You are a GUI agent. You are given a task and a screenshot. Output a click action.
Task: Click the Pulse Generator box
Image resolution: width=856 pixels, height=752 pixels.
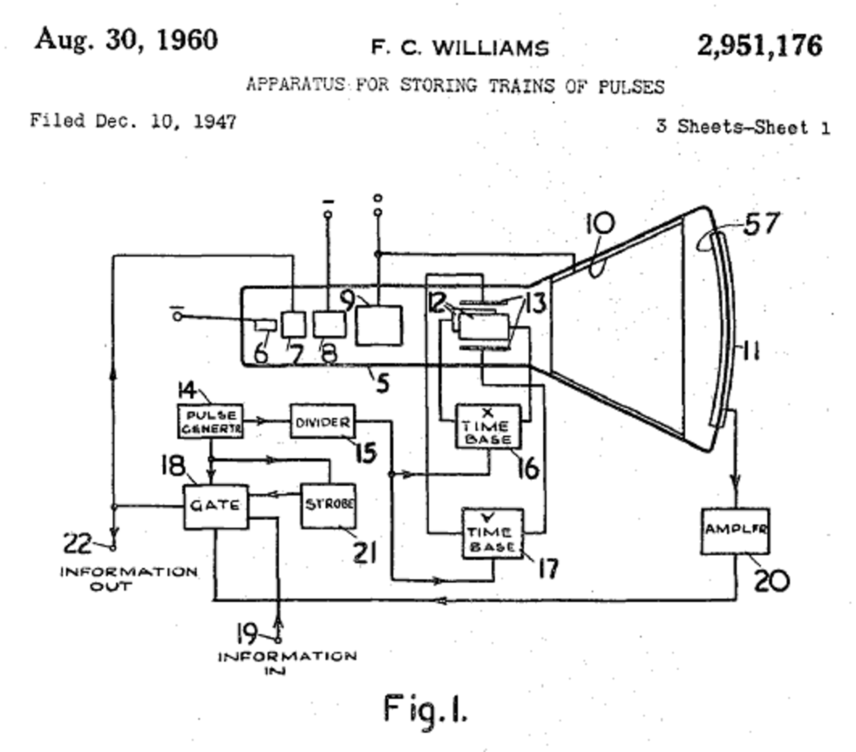point(210,421)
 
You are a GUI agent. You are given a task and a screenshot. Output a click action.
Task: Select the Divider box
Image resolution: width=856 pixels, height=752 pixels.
point(322,423)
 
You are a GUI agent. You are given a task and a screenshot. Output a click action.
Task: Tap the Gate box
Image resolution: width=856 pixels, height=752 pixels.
point(214,505)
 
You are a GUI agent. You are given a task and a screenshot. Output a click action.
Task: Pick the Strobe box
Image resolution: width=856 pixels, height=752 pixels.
point(328,505)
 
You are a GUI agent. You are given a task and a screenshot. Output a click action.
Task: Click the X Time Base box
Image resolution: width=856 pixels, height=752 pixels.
point(488,427)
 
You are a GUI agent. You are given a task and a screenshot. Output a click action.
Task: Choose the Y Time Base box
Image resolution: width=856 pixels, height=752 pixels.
point(492,533)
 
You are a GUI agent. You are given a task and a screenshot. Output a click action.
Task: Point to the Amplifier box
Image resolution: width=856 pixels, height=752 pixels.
point(735,529)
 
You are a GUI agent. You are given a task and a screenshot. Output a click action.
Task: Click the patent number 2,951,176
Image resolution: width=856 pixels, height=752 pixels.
point(758,44)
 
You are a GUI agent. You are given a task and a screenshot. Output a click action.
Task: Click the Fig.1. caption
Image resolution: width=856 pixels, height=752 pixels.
point(425,708)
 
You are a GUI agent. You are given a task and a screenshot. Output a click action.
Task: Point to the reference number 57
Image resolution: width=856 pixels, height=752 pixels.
point(760,224)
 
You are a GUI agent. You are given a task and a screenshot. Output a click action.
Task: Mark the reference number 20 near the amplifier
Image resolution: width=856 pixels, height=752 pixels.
point(771,579)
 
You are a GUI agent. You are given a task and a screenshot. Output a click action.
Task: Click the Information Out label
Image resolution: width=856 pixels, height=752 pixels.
point(128,578)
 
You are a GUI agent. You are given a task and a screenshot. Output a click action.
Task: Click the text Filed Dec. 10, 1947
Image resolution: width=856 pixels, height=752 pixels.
point(132,120)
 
